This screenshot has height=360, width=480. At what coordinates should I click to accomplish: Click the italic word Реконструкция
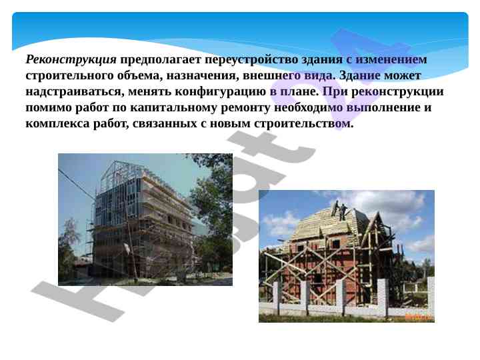pyautogui.click(x=71, y=60)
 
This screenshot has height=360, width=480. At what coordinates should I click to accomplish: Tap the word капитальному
pyautogui.click(x=173, y=108)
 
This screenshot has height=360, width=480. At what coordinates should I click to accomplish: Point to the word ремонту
pyautogui.click(x=245, y=109)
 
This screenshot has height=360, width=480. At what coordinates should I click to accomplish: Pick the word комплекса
pyautogui.click(x=58, y=124)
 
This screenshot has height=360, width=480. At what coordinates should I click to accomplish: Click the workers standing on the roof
pyautogui.click(x=339, y=210)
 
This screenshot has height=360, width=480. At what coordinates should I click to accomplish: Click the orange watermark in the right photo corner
pyautogui.click(x=419, y=317)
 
